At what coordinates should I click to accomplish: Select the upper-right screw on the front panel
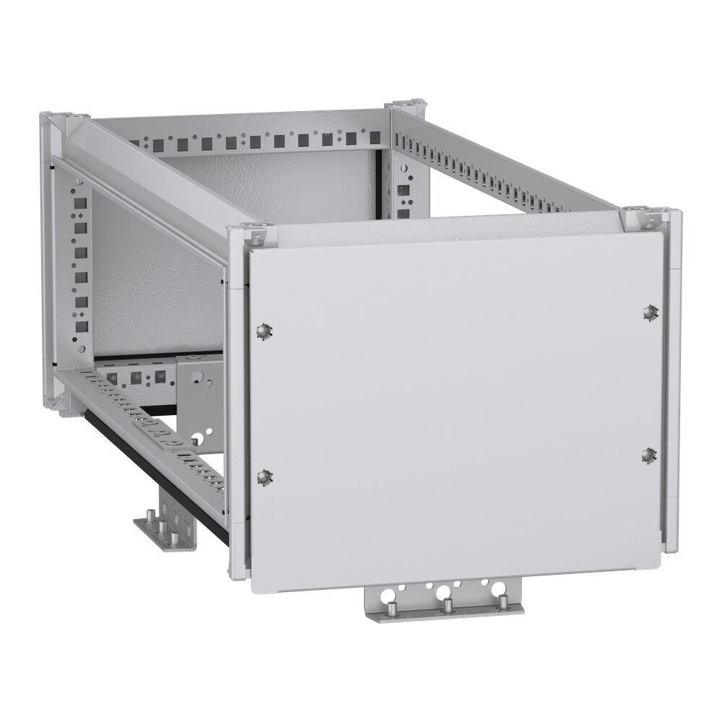pos(649,312)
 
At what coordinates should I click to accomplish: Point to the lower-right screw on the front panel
pos(649,454)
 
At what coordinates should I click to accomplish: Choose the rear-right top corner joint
pos(404,108)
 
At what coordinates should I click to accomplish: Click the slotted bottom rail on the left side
pos(144,426)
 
